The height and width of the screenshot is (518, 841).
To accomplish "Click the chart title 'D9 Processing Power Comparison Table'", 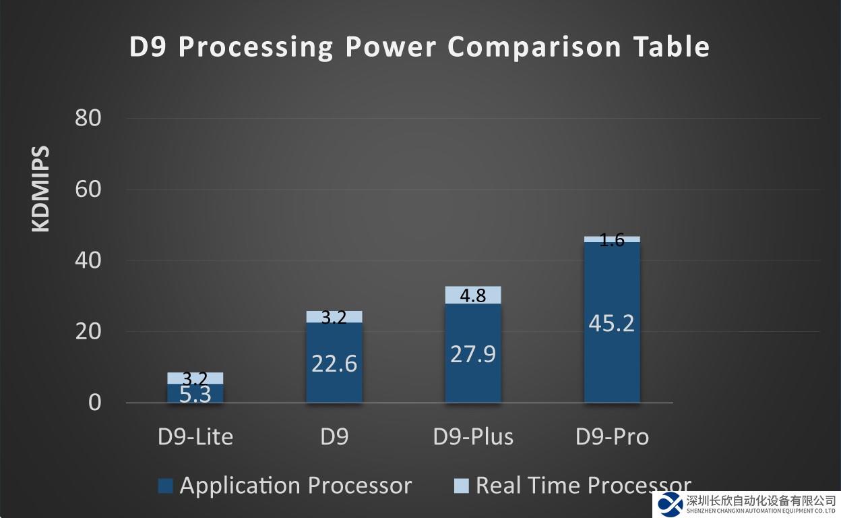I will tap(419, 47).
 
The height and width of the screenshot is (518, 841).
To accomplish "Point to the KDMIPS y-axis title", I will tap(41, 189).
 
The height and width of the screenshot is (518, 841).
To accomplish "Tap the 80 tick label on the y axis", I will tap(88, 119).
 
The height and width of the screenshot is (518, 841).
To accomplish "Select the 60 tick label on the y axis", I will tap(88, 190).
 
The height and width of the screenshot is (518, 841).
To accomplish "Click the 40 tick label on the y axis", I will tap(88, 260).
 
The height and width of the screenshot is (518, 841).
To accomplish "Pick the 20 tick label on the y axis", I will tap(88, 332).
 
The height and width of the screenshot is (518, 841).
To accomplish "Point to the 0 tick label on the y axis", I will tap(94, 403).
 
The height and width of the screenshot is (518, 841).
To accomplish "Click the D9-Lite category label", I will tap(195, 437).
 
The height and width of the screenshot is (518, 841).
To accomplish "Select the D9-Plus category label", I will tap(473, 437).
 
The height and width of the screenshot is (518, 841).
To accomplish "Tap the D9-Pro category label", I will tap(612, 437).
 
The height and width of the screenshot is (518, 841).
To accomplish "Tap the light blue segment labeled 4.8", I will tap(473, 295).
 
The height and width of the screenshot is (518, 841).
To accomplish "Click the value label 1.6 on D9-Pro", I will tap(612, 239).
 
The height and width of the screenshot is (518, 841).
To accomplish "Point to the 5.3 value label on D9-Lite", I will tap(195, 395).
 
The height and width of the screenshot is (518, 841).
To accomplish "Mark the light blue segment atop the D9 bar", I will tap(334, 316).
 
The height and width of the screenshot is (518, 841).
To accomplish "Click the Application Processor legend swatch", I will tap(165, 486).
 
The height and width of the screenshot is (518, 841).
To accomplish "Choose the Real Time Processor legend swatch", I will tap(461, 486).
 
